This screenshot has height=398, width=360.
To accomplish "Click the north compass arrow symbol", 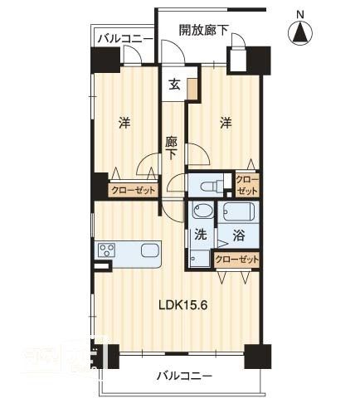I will pyautogui.click(x=299, y=32).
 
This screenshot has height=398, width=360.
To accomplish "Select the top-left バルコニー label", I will pyautogui.click(x=124, y=38).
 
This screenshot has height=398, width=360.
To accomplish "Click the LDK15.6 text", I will pyautogui.click(x=183, y=303).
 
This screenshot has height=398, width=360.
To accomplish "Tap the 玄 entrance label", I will pyautogui.click(x=174, y=84).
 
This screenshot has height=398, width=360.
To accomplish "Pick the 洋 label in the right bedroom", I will pyautogui.click(x=225, y=124).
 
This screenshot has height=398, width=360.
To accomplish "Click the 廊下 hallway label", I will pyautogui.click(x=172, y=148).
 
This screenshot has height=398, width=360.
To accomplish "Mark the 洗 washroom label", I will pyautogui.click(x=200, y=235).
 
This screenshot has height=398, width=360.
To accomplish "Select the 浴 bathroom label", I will pyautogui.click(x=238, y=235).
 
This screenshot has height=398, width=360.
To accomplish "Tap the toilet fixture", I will pyautogui.click(x=212, y=184).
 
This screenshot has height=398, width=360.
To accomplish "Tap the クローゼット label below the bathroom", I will pyautogui.click(x=236, y=260).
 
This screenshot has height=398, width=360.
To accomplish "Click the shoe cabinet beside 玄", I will pyautogui.click(x=192, y=89).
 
